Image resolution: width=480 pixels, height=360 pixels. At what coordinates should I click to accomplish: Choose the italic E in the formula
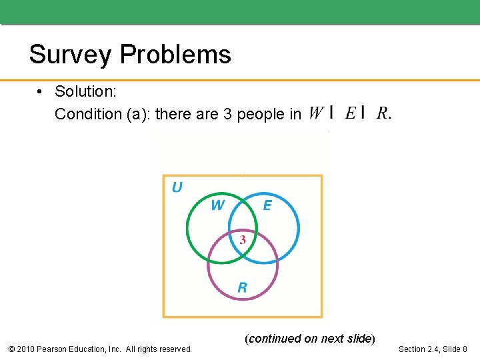(x=350, y=113)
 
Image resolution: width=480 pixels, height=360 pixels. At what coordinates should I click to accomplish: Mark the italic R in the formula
(x=383, y=113)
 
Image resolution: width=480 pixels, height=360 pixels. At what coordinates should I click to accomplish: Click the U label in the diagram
(x=177, y=187)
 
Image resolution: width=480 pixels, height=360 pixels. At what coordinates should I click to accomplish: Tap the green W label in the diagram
(x=217, y=205)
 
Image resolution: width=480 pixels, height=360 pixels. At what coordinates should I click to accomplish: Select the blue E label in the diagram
(x=267, y=205)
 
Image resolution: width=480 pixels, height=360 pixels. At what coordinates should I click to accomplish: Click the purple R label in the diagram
(x=242, y=287)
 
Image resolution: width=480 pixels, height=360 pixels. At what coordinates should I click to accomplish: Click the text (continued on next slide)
(x=310, y=339)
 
